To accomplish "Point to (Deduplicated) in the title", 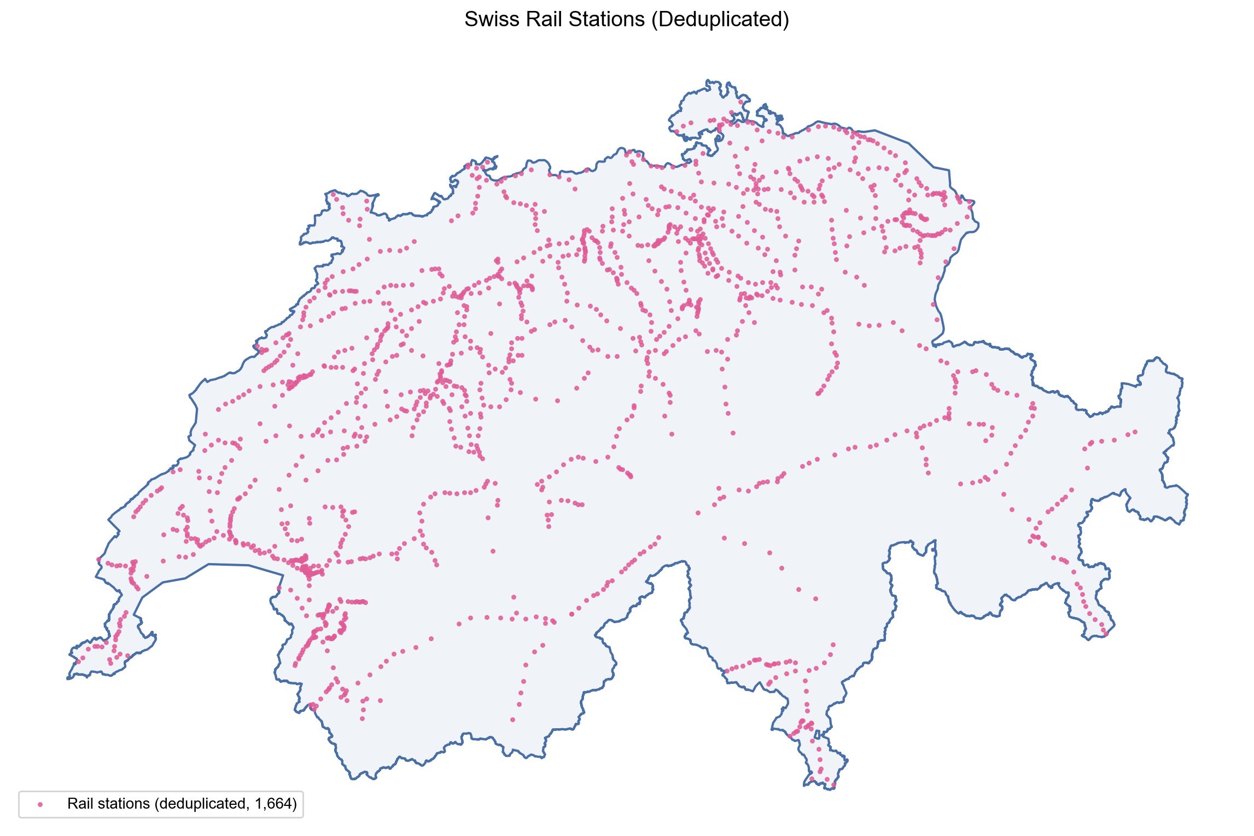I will coord(720,20).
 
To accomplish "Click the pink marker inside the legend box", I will coord(40,804).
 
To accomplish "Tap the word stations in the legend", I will coord(124,804).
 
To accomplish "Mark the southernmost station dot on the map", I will coord(833,786).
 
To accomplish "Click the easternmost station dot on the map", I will coord(1135,432).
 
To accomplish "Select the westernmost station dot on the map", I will coord(78,661).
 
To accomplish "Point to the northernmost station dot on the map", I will coord(740,102).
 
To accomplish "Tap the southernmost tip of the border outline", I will coord(831,789).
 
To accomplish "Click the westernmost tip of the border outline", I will coord(67,679).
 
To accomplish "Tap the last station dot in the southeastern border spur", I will coord(1105,634).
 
